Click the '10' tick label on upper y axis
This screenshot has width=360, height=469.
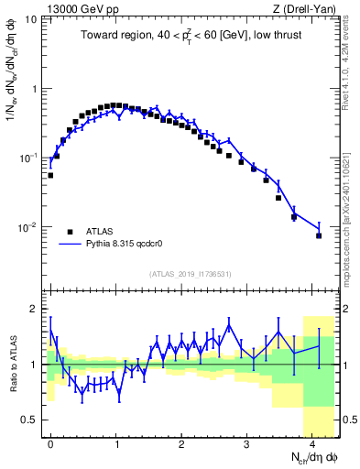pos(31,19)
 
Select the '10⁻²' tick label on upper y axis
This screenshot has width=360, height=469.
pos(29,227)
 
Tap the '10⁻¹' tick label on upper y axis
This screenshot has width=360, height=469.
pos(29,158)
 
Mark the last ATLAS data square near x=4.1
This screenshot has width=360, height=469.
pos(319,235)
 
